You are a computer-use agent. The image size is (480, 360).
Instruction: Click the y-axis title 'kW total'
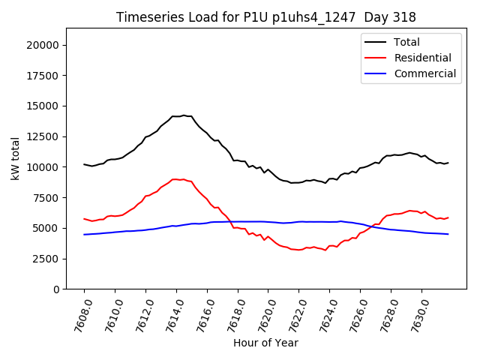[15, 158]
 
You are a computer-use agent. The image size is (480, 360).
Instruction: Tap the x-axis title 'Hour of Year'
[265, 343]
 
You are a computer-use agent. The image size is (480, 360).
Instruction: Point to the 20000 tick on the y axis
[43, 45]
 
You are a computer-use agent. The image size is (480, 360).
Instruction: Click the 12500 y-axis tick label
[43, 136]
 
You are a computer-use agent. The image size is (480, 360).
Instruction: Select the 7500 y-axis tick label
[46, 197]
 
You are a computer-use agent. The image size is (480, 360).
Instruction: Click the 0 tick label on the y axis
[56, 289]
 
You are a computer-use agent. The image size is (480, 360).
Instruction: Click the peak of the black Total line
[184, 115]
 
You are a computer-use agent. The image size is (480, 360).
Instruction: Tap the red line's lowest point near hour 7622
[299, 250]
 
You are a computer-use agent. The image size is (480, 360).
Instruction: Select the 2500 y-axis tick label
[46, 259]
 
